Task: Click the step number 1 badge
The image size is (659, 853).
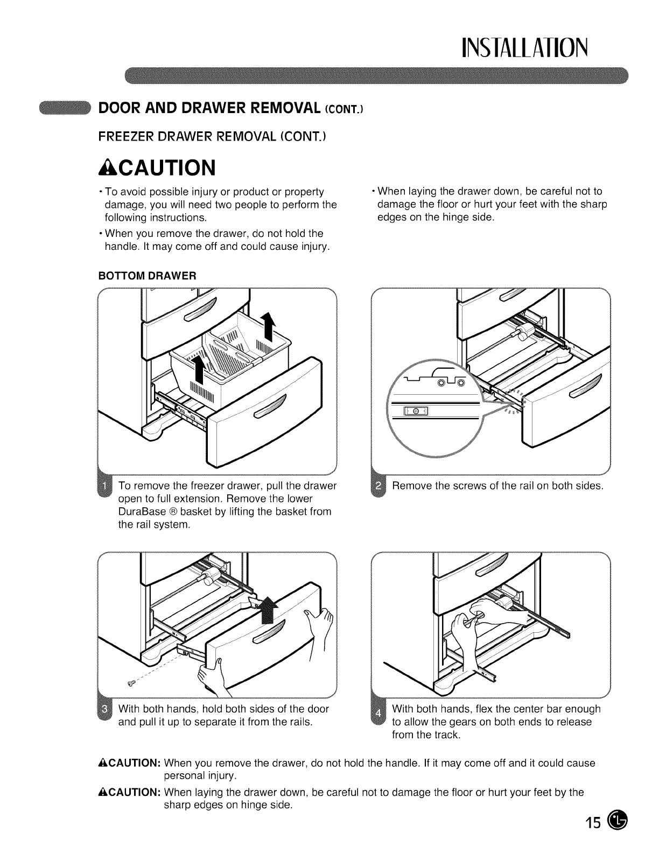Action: click(x=104, y=485)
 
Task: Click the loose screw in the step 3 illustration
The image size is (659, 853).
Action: click(x=131, y=683)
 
